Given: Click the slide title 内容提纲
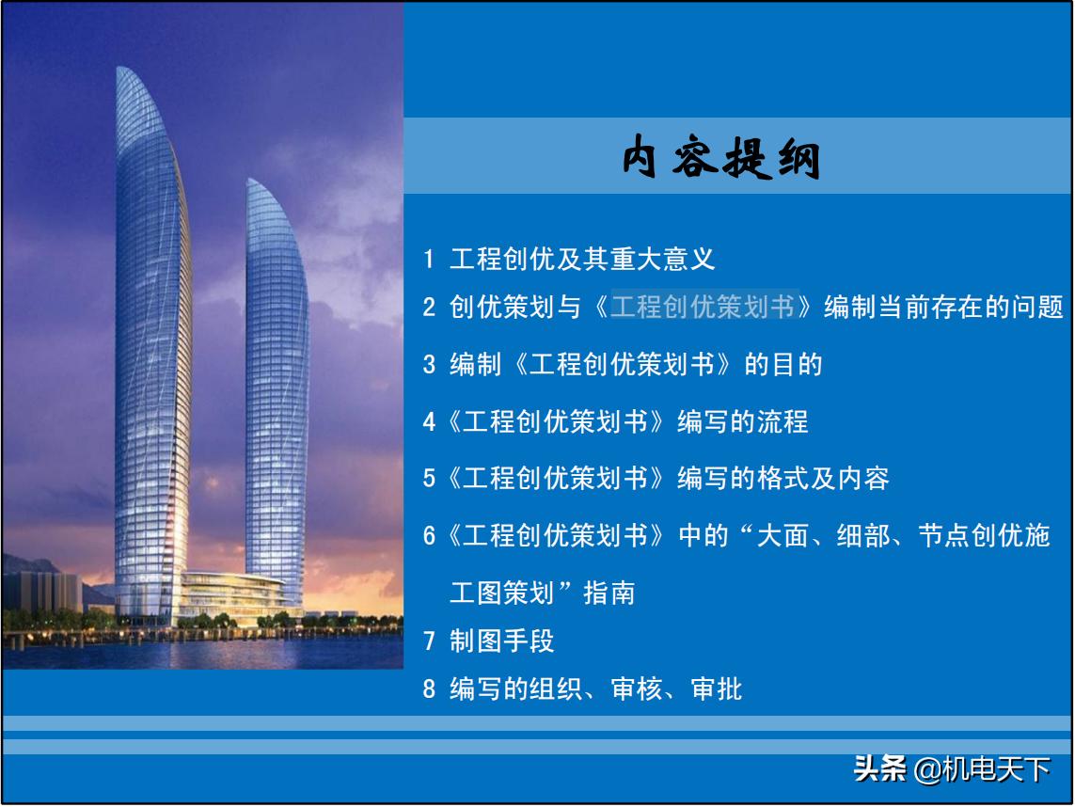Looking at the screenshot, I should pos(721,160).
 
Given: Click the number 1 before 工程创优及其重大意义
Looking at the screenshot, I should pos(429,259).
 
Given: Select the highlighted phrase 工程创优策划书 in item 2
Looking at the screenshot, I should pos(703,307).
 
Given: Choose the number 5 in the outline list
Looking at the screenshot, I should pos(429,479).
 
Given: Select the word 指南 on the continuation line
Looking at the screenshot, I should pos(609,593).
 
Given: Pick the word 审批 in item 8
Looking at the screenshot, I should pos(717,689).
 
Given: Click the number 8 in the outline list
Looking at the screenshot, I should pos(429,689).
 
